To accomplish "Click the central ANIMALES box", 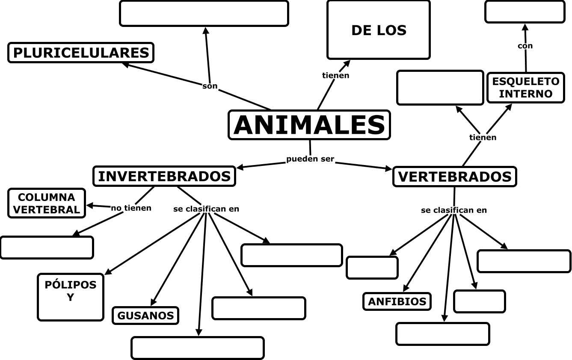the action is tap(309, 125).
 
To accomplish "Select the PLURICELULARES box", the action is tap(81, 53).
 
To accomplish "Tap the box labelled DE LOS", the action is tap(378, 30).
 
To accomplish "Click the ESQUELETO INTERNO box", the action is tap(525, 88).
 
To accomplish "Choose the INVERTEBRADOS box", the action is tap(164, 176).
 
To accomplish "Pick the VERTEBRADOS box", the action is tap(454, 177).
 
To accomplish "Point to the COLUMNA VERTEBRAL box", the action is tap(47, 203).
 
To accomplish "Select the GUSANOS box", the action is tap(145, 316).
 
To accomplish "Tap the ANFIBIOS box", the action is tap(397, 301).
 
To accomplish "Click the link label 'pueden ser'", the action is tap(310, 159).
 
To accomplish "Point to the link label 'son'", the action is tap(210, 86).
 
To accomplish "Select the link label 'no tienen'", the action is tap(131, 208).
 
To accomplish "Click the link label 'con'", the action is tap(525, 46).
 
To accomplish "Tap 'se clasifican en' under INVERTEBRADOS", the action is tap(206, 209).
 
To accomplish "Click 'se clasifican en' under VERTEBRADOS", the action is tap(453, 210).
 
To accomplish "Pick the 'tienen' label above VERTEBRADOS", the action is tap(483, 137).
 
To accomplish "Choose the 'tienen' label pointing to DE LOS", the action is tap(335, 76).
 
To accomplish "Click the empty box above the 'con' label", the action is tap(525, 12).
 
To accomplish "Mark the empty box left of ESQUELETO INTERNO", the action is tap(440, 88).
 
